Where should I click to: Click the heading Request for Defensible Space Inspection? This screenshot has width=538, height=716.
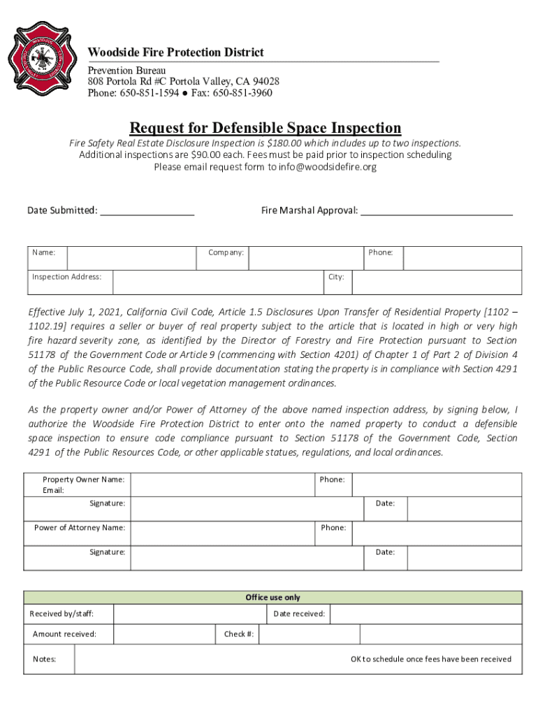tap(266, 128)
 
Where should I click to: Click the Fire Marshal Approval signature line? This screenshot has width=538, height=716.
tap(436, 210)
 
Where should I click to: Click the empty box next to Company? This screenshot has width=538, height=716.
tap(305, 258)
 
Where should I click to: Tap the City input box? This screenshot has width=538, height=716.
tap(437, 282)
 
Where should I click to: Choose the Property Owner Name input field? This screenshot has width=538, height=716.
tap(222, 485)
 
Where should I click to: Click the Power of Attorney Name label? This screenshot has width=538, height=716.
tap(80, 527)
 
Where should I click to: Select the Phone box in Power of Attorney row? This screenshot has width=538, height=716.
tap(437, 533)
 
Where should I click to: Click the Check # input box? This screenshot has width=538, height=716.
tap(310, 634)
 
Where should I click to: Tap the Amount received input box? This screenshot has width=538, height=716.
tap(163, 634)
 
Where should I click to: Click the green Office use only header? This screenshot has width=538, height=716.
tap(272, 597)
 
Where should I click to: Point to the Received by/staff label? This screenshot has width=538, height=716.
tap(61, 614)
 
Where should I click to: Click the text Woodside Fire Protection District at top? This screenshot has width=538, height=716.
tap(175, 53)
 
